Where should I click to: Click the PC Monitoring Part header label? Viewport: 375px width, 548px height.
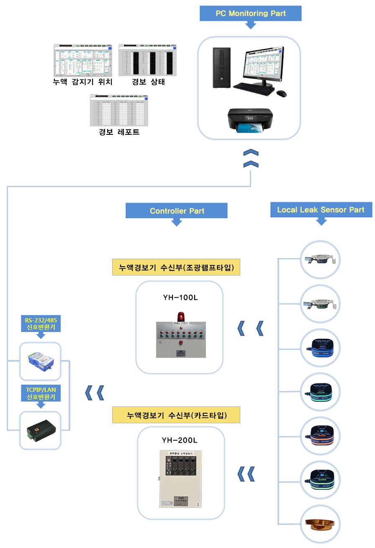250,13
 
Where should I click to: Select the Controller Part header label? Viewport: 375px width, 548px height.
177,211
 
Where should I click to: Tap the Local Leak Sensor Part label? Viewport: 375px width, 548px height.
321,210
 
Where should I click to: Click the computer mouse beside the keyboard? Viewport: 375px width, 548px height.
282,93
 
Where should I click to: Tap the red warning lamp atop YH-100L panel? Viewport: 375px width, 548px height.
181,316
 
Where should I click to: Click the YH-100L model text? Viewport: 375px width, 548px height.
180,298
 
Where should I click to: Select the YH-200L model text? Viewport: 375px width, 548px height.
180,440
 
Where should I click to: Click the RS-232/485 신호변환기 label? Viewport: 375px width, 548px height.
41,323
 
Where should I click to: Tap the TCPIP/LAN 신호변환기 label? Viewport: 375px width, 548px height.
41,393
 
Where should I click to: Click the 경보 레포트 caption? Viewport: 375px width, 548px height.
119,132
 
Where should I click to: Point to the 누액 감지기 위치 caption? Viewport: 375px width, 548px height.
83,82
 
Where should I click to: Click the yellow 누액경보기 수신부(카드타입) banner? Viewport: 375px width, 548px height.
176,415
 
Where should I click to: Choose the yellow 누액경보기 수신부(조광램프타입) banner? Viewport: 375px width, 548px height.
176,267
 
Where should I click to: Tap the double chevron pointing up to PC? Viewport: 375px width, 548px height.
251,158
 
